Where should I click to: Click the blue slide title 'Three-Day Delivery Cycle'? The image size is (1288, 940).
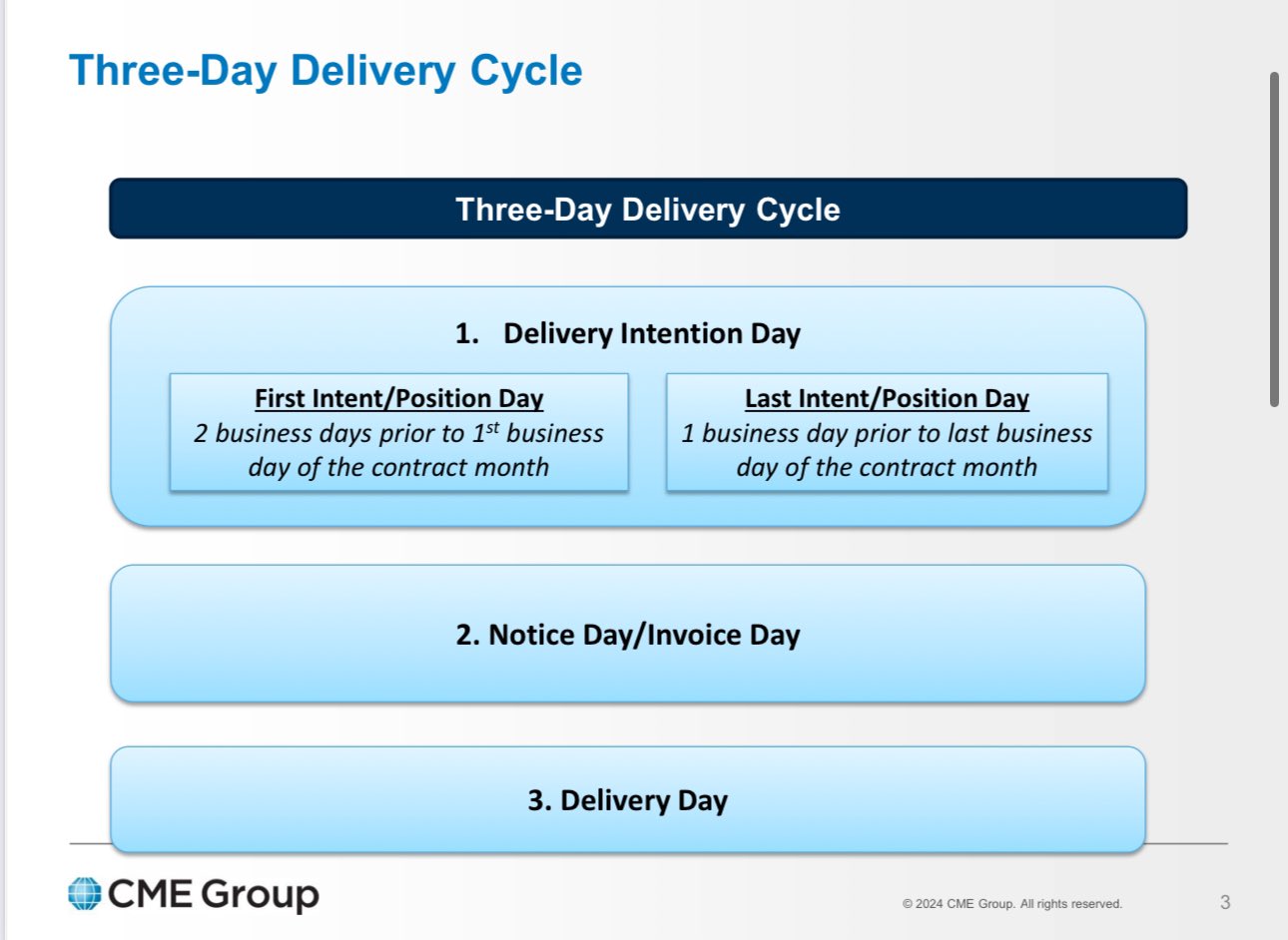[x=325, y=71]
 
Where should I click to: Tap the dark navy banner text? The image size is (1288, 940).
[x=647, y=210]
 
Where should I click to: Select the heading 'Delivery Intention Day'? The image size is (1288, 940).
[x=651, y=334]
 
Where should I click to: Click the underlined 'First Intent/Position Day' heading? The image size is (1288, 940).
[x=399, y=398]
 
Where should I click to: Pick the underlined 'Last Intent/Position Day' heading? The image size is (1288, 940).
[x=887, y=398]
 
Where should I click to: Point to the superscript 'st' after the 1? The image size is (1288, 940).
[x=493, y=427]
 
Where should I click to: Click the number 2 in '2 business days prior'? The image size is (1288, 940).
[x=200, y=434]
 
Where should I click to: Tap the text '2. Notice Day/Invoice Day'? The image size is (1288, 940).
[x=628, y=635]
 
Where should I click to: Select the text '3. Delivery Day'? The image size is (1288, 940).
[x=628, y=800]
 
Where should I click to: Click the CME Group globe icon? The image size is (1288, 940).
[x=85, y=893]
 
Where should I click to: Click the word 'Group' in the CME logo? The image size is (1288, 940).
[x=260, y=895]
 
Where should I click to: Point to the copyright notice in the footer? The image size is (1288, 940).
[x=1012, y=904]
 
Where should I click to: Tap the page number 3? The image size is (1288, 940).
[x=1225, y=902]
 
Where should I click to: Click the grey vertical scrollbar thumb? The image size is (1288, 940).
[x=1274, y=239]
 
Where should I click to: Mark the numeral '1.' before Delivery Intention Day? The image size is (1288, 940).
[x=467, y=334]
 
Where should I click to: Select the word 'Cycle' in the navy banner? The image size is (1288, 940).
[x=798, y=210]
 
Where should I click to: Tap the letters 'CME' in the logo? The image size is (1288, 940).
[x=150, y=894]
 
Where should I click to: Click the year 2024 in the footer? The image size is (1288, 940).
[x=929, y=904]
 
